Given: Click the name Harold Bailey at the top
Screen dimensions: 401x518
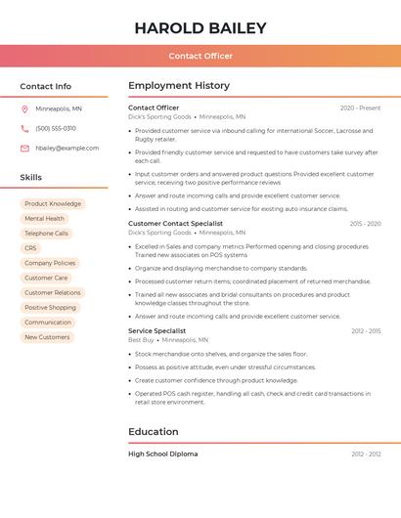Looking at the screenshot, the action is coord(200,28).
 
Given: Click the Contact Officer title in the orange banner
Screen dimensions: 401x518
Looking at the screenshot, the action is coord(200,56).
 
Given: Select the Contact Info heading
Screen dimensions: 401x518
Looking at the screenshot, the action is coord(46,86).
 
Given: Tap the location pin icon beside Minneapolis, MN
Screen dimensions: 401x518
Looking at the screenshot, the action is coord(24,108).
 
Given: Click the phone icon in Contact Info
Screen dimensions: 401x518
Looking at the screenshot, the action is coord(24,128).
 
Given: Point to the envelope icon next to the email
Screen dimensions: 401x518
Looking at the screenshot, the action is coord(24,148).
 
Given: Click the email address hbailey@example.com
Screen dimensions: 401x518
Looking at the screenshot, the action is coord(67,148).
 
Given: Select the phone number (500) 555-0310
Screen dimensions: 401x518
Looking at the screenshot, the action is coord(56,128).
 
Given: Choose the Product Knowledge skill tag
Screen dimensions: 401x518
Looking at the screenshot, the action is coord(53,203).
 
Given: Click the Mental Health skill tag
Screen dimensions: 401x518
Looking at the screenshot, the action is coord(44,219).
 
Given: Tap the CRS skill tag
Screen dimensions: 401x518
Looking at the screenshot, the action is coord(30,248).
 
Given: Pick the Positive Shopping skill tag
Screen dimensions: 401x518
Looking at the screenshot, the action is coord(50,307).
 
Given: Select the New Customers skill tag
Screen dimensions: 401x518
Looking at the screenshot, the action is coord(47,337).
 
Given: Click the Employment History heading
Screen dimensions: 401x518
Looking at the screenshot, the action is coord(179,86).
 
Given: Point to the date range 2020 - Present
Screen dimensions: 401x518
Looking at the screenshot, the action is coord(360,108).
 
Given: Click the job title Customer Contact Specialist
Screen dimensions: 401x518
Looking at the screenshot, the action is coord(175,223).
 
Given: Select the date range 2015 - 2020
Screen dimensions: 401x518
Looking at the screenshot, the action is coord(365,223).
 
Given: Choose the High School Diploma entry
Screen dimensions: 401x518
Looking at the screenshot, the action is coord(162,453).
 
